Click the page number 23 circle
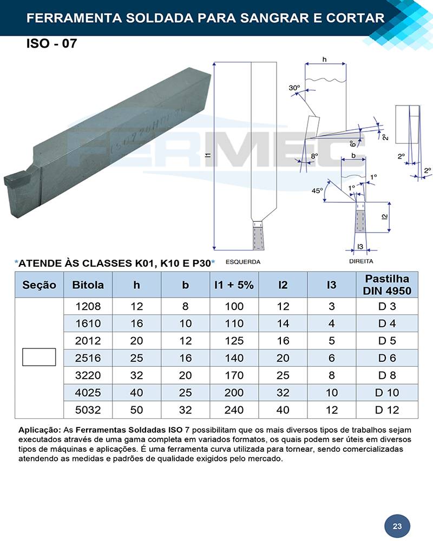[x=397, y=526]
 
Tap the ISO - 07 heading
[x=51, y=43]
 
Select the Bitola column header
[x=88, y=285]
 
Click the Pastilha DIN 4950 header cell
[x=387, y=285]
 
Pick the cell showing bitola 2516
[x=88, y=358]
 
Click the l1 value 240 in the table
[x=234, y=410]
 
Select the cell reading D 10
[x=387, y=393]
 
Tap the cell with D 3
[x=387, y=306]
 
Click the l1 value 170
[x=234, y=375]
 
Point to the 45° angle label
[x=317, y=190]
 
